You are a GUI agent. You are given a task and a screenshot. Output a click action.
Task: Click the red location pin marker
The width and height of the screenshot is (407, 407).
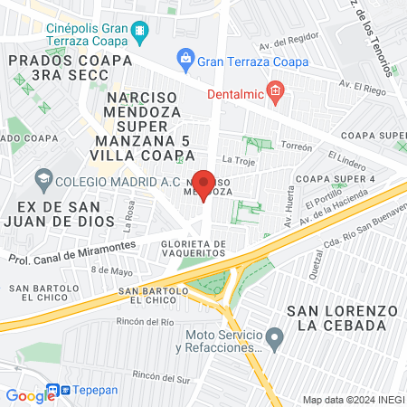[x=204, y=185]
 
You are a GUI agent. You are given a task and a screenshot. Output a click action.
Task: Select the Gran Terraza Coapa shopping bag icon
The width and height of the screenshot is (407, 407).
[x=185, y=62]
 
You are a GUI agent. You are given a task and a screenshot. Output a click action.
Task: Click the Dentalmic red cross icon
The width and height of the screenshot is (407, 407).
[x=277, y=91]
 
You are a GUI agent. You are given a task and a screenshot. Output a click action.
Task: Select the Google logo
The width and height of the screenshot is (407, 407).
[x=29, y=395]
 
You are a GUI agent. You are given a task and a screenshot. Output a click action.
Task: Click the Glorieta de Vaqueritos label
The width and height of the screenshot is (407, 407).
[x=192, y=250]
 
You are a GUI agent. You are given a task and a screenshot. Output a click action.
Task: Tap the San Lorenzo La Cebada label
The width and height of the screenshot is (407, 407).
[x=342, y=317]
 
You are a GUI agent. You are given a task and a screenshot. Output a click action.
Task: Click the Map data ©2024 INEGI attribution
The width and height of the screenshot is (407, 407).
[x=352, y=399]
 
